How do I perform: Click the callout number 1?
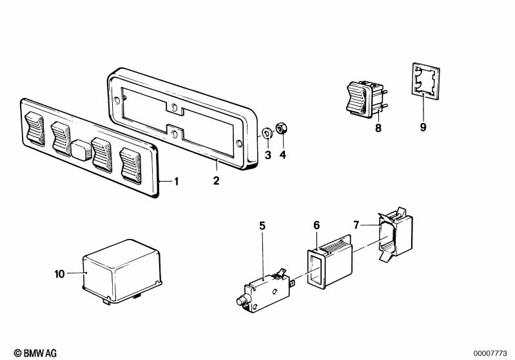tap(177, 182)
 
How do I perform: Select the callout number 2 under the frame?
tap(216, 181)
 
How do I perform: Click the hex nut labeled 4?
tap(280, 128)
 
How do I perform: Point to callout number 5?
tap(262, 226)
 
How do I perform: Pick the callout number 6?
tap(316, 225)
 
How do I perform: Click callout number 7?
tap(356, 225)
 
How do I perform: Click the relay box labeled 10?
tap(122, 271)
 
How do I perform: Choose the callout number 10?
tap(59, 274)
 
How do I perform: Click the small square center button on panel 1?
tap(81, 150)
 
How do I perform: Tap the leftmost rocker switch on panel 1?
tap(35, 129)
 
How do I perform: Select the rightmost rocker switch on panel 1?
tap(130, 166)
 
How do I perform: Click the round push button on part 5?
tap(242, 300)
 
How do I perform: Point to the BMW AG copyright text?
tap(35, 353)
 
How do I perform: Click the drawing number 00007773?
tap(490, 354)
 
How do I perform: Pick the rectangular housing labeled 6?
tap(330, 262)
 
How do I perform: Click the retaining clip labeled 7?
tap(395, 234)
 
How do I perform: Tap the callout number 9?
tap(423, 127)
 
